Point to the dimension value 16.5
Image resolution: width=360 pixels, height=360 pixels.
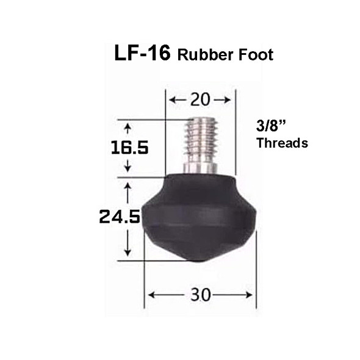128,148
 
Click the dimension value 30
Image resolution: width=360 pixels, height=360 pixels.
200,295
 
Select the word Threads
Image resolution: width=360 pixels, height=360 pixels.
282,143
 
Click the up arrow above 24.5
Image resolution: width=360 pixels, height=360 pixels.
128,187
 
